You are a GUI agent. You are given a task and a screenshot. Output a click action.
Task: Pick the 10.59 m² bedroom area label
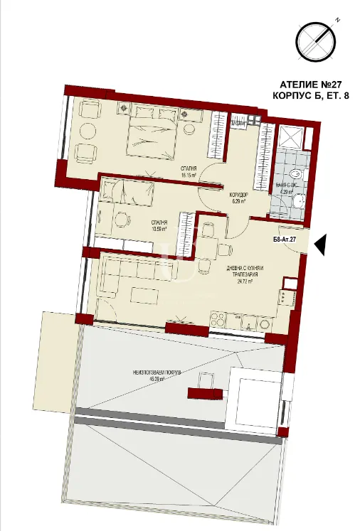coord(159,229)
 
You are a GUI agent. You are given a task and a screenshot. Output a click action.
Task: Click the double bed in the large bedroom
coord(150,134)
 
